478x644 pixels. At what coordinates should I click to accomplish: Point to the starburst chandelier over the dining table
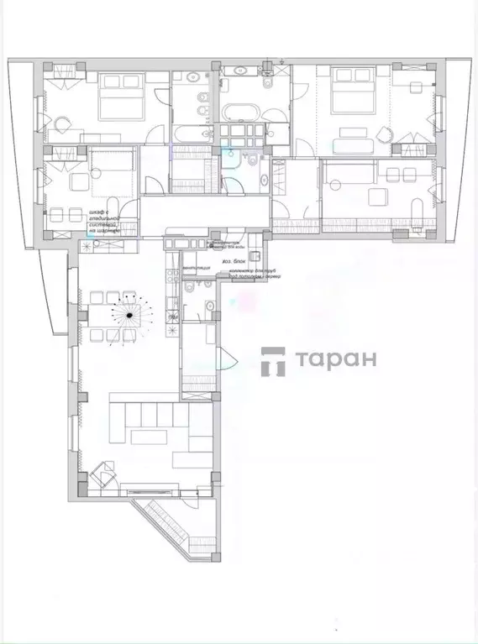point(129,316)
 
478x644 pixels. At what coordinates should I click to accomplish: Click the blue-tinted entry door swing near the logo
point(225,359)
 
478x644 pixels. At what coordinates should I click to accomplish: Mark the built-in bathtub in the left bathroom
point(191,132)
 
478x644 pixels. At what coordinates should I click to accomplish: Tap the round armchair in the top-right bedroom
point(385,135)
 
